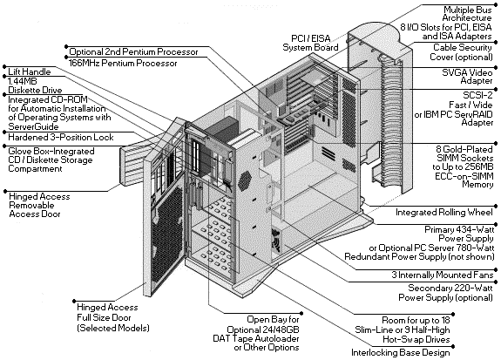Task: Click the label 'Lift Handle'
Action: coord(29,71)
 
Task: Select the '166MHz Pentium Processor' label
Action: coord(123,64)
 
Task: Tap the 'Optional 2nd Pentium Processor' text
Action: coord(133,51)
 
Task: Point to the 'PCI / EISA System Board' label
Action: coord(310,44)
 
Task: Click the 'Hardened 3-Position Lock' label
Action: coord(61,138)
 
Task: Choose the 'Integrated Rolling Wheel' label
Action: coord(444,213)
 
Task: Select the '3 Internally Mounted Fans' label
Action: coord(443,275)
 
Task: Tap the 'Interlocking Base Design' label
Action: coord(400,353)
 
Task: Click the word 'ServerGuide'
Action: coord(34,126)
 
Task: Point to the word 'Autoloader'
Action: coord(274,338)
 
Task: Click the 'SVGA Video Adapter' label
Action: coord(467,77)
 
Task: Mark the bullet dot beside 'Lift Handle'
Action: coord(4,67)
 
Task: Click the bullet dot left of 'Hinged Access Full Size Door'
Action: coord(74,302)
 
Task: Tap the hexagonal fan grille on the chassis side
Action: coord(245,181)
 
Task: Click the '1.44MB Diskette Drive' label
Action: coord(35,85)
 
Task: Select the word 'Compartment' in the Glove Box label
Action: coord(35,169)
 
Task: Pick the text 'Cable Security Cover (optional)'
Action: coord(461,52)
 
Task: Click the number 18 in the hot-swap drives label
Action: coord(444,320)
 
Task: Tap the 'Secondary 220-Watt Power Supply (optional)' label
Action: coord(445,293)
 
